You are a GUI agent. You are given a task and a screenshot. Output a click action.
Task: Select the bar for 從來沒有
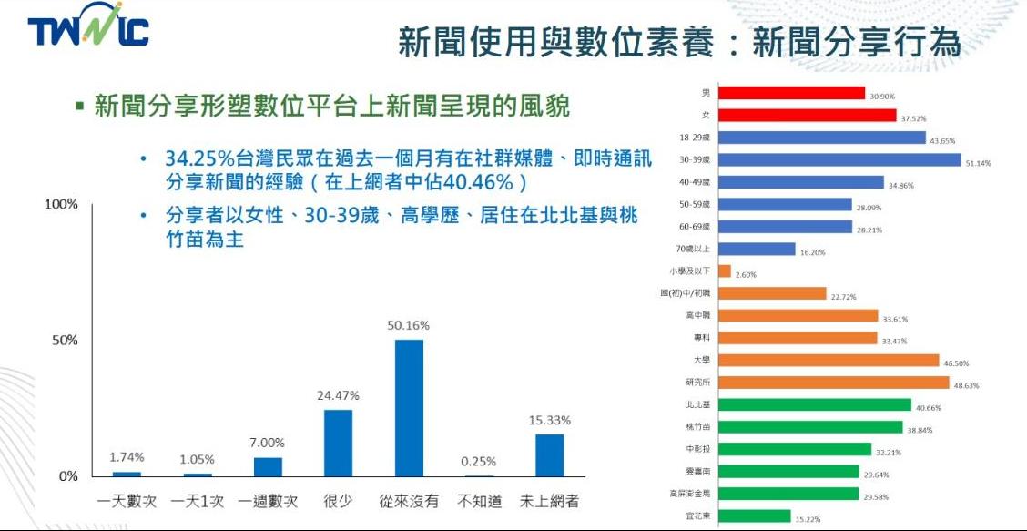(409, 408)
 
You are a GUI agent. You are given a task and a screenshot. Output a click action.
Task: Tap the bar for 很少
(339, 443)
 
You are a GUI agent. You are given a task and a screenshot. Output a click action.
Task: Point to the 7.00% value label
(267, 443)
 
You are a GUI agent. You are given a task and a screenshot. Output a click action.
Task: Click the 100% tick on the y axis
(61, 204)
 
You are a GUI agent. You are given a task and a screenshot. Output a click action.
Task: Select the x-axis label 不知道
(479, 502)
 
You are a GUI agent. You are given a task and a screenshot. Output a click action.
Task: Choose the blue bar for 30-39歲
(839, 159)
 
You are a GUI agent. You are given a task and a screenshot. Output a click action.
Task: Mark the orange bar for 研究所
(833, 383)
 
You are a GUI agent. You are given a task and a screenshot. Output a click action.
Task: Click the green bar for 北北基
(814, 405)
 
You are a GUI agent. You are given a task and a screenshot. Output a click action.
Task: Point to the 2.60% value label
(745, 274)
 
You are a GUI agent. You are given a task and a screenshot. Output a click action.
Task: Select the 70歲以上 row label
(697, 249)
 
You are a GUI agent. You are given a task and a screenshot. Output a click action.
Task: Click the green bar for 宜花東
(754, 516)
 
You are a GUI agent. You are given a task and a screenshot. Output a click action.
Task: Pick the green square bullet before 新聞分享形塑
(79, 106)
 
